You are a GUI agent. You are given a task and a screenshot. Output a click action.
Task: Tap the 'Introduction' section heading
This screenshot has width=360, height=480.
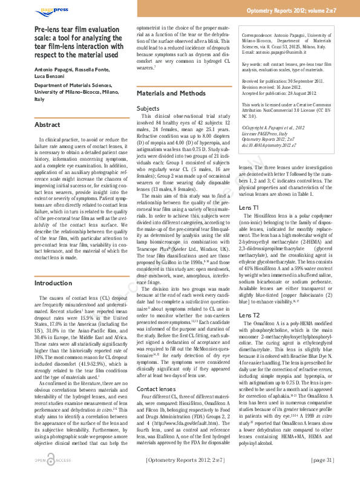coord(53,283)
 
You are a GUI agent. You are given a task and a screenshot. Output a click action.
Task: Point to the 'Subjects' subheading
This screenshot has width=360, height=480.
coord(148,108)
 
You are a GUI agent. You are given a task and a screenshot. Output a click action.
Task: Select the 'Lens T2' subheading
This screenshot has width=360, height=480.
coord(249,316)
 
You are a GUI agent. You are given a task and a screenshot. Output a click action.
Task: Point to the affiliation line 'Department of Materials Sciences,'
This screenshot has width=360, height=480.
coord(73,86)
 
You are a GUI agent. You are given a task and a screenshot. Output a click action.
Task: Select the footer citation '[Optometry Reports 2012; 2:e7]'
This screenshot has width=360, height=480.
coord(185,461)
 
